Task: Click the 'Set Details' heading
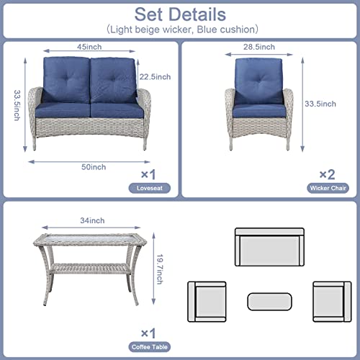(180, 14)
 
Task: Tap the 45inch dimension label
(89, 47)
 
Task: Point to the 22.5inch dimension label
(155, 77)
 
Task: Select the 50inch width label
(94, 167)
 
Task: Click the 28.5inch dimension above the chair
(259, 47)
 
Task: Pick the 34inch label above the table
(92, 220)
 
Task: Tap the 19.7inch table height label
(160, 269)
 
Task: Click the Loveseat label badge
(150, 188)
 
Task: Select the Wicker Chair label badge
(328, 188)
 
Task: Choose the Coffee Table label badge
(150, 347)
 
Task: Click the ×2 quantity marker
(327, 174)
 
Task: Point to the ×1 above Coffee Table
(148, 333)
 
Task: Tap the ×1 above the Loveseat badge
(148, 174)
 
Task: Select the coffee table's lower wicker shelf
(90, 269)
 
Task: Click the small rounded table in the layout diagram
(270, 302)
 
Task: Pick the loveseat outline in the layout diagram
(270, 247)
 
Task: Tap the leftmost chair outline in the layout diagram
(207, 302)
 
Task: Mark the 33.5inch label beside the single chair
(320, 104)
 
